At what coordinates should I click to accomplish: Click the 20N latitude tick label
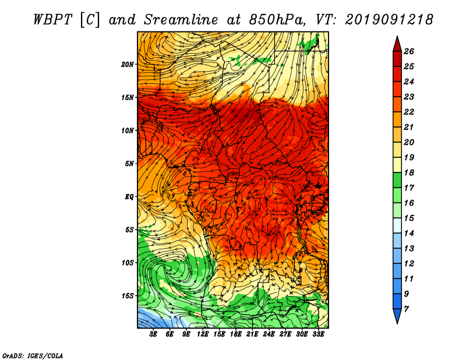128,65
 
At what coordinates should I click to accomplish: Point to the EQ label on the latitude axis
129,197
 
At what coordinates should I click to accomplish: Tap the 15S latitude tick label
128,296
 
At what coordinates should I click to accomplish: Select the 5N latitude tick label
129,164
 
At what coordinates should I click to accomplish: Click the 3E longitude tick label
153,334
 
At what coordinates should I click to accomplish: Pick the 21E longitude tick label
252,334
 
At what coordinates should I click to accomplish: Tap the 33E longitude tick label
318,334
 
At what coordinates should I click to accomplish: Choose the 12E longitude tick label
202,334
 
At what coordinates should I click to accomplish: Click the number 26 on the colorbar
409,51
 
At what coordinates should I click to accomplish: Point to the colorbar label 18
409,172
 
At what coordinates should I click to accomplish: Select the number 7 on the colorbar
406,309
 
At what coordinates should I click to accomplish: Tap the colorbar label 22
409,112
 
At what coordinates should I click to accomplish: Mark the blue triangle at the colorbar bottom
397,315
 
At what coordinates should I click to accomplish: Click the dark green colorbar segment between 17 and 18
397,180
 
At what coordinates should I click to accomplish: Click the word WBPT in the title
53,20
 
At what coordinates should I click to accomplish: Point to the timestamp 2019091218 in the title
389,20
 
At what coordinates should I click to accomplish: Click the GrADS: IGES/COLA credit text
33,356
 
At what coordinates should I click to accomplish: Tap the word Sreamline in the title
181,20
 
